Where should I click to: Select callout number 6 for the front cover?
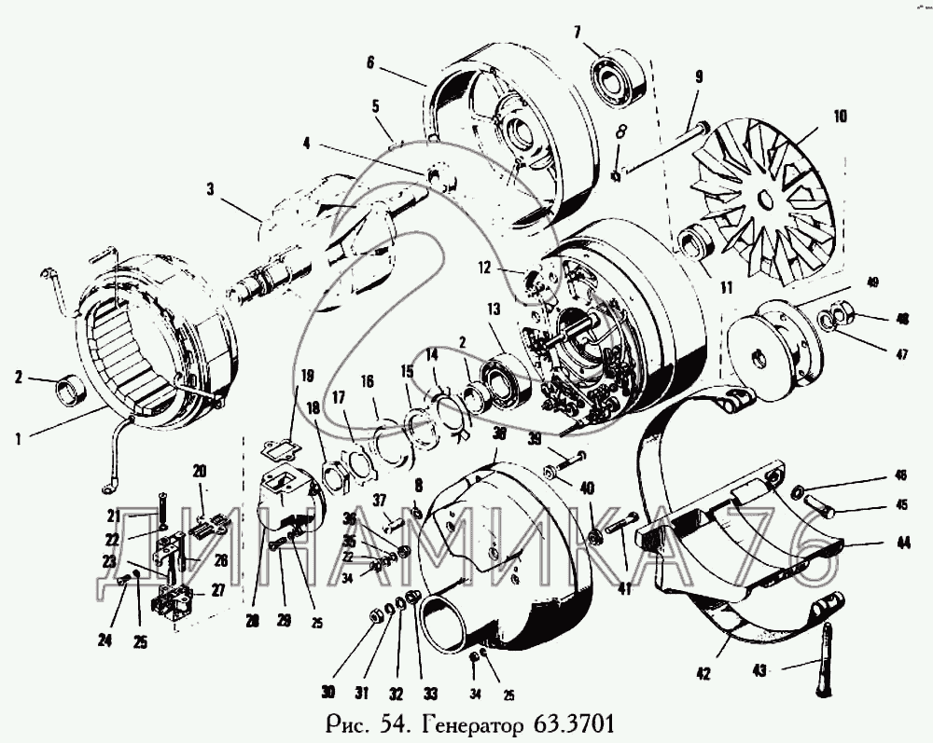coord(370,62)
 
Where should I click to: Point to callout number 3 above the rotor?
coord(211,189)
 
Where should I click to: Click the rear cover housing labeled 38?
coord(508,559)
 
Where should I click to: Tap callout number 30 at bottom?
coord(327,691)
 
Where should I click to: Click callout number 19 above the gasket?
coord(305,378)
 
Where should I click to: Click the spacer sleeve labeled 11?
coord(692,245)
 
